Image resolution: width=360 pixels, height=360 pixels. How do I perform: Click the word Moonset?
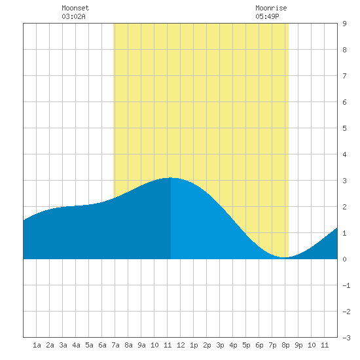[x=75, y=8]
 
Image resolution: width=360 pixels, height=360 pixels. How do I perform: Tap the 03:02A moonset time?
[x=73, y=16]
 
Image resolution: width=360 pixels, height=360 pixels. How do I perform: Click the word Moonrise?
[x=271, y=8]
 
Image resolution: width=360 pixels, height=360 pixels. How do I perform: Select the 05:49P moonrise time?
[x=267, y=16]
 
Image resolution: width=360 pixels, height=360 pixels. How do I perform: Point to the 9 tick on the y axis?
[x=344, y=24]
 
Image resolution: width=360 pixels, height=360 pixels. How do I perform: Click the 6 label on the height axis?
[x=344, y=102]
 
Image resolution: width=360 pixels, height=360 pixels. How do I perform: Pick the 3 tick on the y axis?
[x=344, y=181]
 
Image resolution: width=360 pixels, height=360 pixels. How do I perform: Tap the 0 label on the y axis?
[x=344, y=259]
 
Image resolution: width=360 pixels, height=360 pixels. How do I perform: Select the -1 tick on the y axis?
[x=346, y=285]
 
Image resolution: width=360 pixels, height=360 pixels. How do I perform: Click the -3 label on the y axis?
[x=346, y=338]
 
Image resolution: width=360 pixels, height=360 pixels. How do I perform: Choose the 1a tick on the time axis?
[x=37, y=345]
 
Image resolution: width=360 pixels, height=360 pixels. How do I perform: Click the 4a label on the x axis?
[x=76, y=345]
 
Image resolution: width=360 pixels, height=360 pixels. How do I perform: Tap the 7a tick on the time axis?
[x=115, y=345]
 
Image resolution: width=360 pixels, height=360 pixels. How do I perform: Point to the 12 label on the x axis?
[x=181, y=345]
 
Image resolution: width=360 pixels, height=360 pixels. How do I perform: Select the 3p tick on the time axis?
[x=220, y=345]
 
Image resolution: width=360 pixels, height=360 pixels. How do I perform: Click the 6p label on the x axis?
[x=259, y=345]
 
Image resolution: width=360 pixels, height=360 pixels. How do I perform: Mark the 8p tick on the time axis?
[x=285, y=345]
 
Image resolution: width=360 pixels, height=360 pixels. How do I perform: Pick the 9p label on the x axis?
[x=298, y=345]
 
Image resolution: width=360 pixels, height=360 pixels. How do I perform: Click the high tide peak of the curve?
[x=171, y=177]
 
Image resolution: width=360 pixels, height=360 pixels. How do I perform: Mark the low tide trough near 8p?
[x=285, y=257]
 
